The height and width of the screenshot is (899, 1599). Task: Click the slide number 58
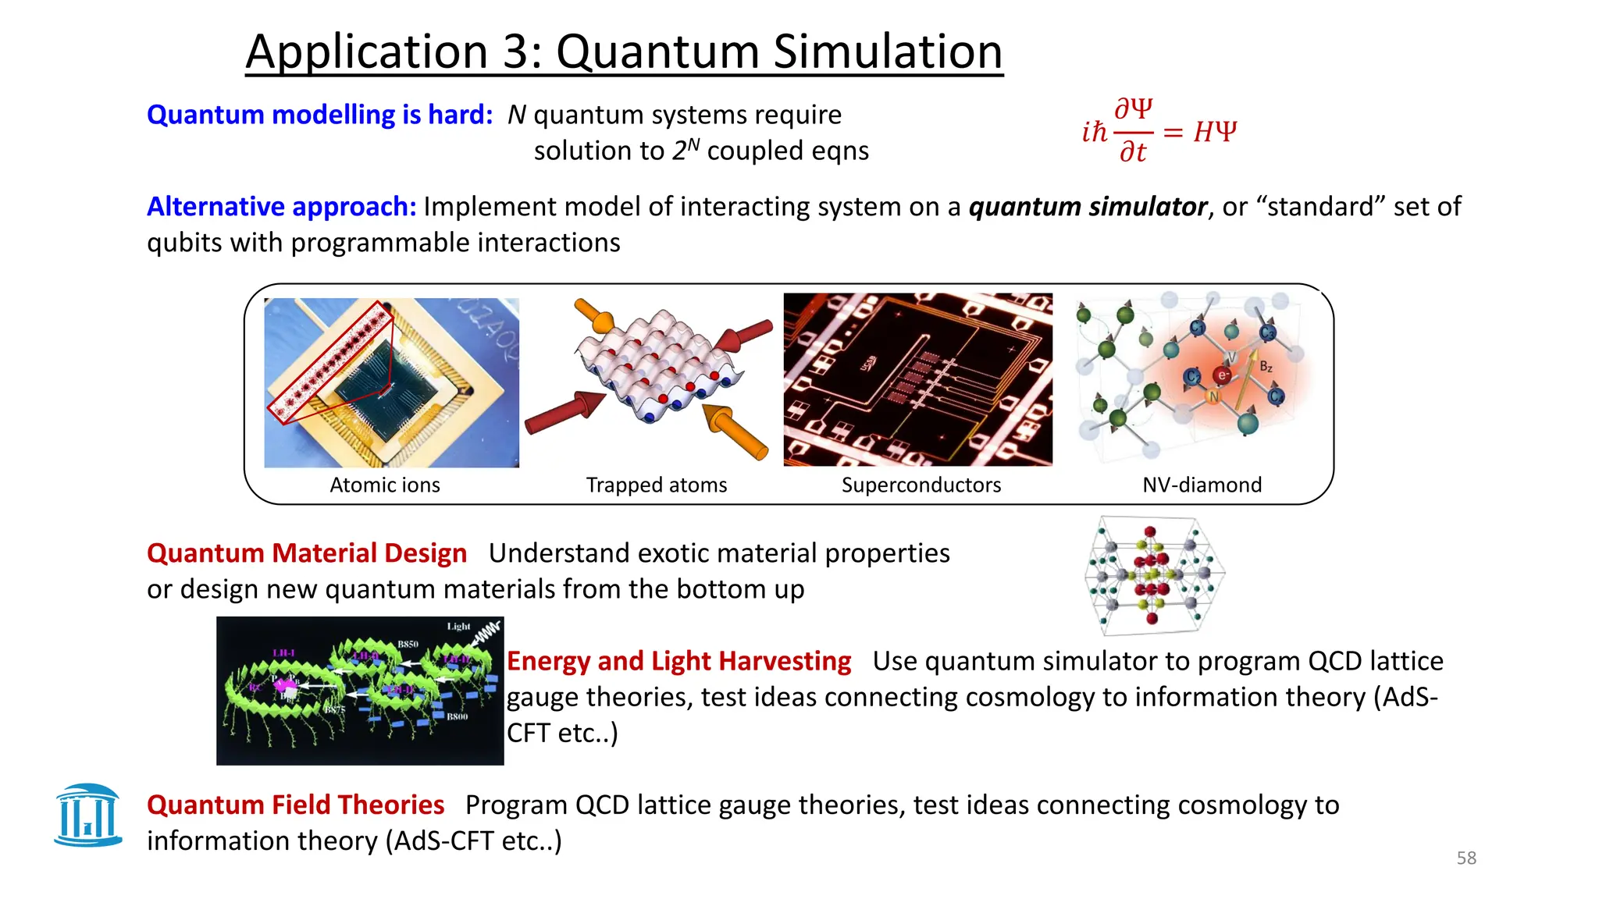[x=1465, y=858]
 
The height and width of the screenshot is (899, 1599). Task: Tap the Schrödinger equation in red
[x=1159, y=131]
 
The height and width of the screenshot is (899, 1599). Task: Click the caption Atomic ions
[x=384, y=485]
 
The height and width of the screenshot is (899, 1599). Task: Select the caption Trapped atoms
[x=656, y=485]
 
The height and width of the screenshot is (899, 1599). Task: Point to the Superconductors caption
[x=921, y=485]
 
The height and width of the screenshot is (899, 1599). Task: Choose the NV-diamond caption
[x=1202, y=485]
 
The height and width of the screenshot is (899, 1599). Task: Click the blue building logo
[x=88, y=815]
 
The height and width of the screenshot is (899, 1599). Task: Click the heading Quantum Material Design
[x=306, y=553]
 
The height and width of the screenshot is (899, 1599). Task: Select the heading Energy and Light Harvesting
[x=678, y=660]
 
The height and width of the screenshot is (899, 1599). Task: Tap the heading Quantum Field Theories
[x=295, y=805]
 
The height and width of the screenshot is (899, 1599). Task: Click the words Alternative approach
[x=281, y=206]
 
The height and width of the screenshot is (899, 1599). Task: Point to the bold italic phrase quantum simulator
[x=1088, y=206]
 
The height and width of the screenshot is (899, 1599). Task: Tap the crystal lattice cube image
[x=1153, y=575]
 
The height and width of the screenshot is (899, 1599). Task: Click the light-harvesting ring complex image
[x=359, y=691]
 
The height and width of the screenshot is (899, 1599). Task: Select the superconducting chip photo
[x=917, y=379]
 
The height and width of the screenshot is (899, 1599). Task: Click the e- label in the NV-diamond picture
[x=1223, y=375]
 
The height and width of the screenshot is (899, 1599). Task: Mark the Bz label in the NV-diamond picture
[x=1266, y=366]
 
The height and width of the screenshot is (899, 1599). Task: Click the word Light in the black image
[x=458, y=626]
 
